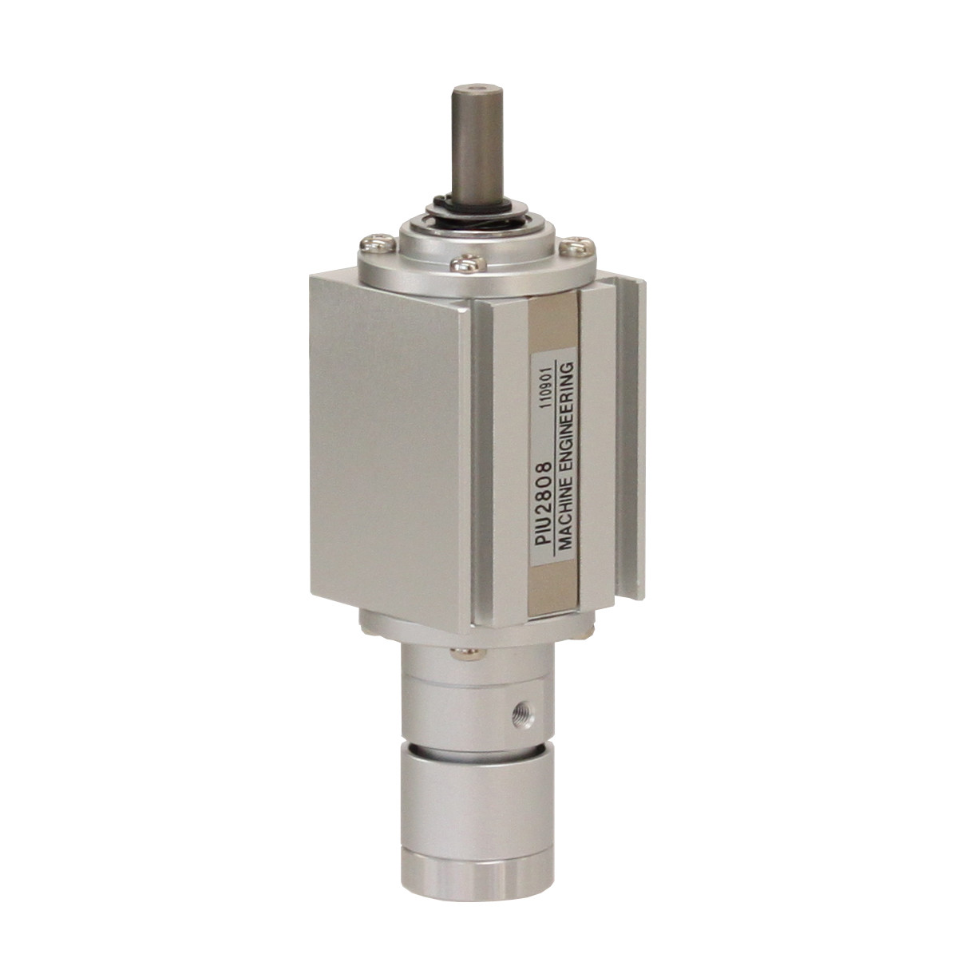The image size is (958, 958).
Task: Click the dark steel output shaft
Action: click(x=475, y=144)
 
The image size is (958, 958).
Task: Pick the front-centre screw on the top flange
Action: click(x=466, y=263)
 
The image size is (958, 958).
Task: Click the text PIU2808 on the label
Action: click(x=545, y=507)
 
